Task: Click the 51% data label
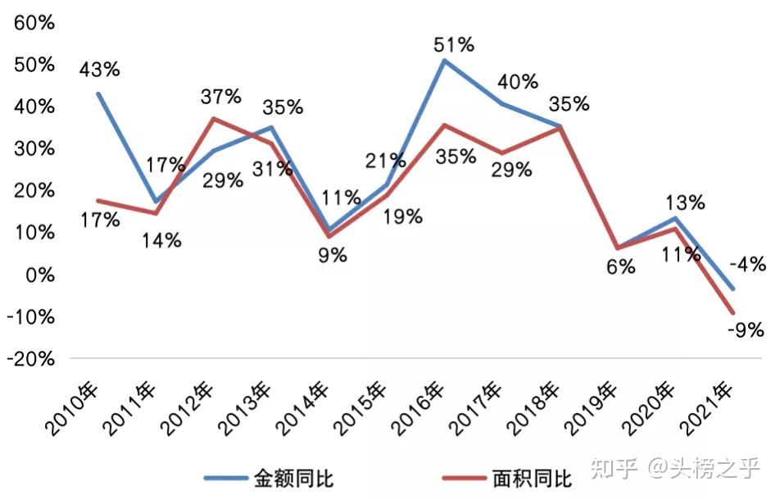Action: pos(454,45)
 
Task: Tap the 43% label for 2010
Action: pos(99,70)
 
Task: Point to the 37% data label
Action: pos(221,96)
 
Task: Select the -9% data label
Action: pos(746,330)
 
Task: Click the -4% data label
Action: pos(748,264)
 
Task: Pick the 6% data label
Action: pos(621,267)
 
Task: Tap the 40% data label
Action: pos(518,82)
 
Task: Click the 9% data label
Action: pos(333,255)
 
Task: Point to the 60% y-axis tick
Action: pos(34,23)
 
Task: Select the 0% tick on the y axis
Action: pos(40,275)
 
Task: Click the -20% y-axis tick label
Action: pos(30,359)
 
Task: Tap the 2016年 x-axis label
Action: pos(418,409)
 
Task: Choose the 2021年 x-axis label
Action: pos(706,409)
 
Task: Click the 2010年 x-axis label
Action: pos(71,409)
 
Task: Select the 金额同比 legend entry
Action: pos(269,479)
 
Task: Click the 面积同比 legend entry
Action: pos(507,479)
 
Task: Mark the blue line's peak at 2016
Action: pos(444,61)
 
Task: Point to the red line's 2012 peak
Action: pos(213,118)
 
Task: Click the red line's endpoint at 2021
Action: pos(732,312)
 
